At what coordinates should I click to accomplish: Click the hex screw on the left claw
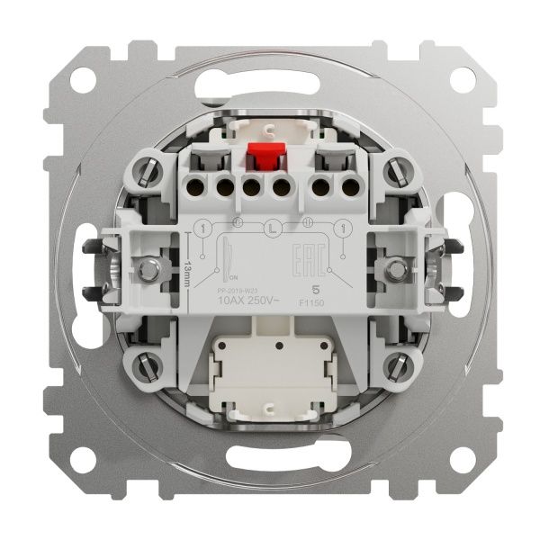click(147, 268)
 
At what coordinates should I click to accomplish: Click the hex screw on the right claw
click(393, 268)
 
